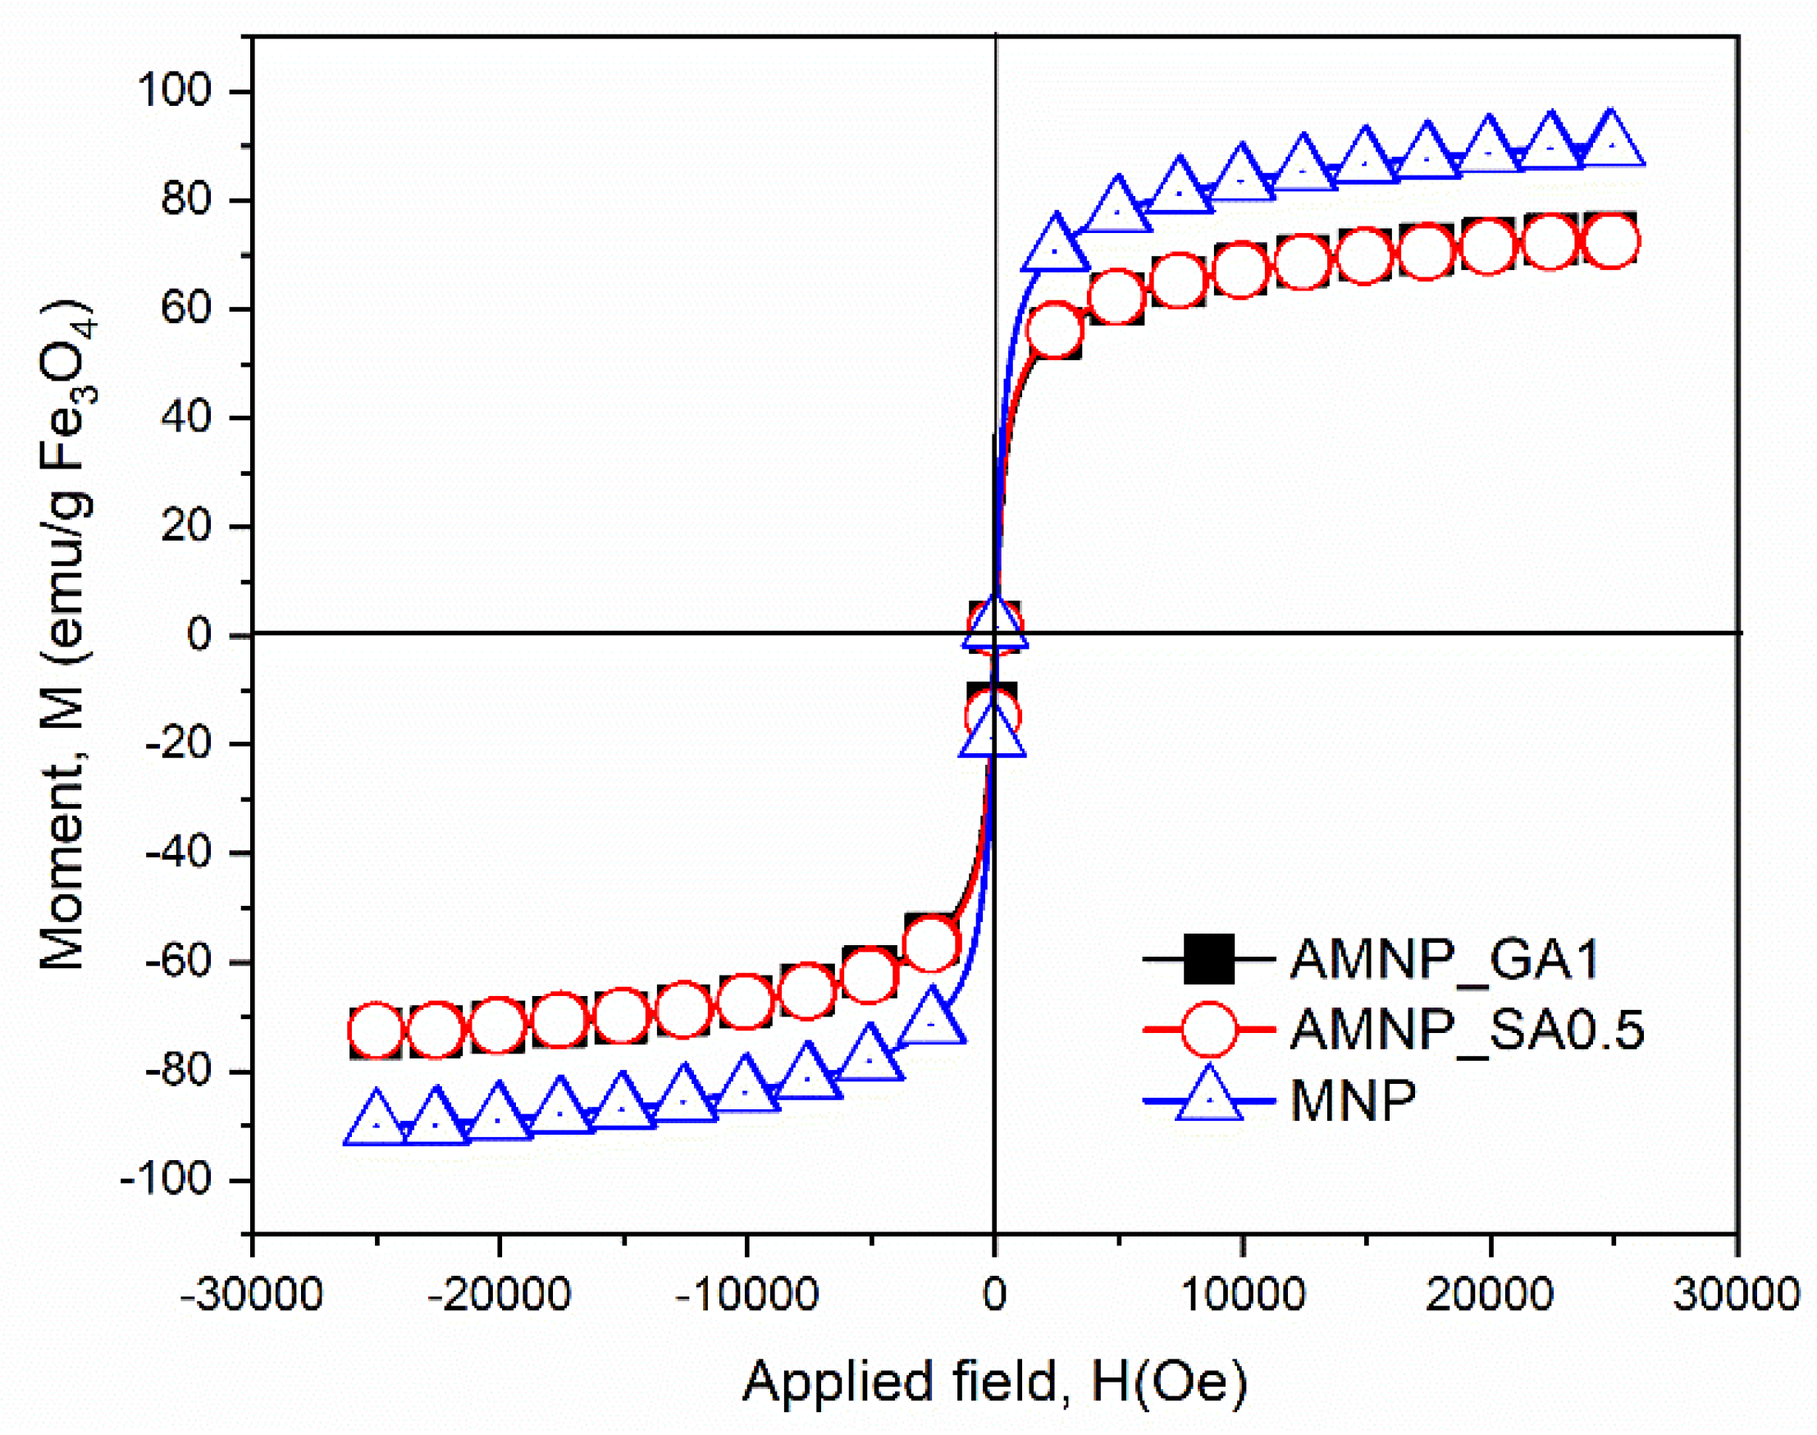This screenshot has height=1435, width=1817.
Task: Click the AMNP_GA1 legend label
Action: click(1444, 958)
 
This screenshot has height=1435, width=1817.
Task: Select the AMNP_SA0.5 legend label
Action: click(1467, 1029)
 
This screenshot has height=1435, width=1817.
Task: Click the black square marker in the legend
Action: click(1209, 958)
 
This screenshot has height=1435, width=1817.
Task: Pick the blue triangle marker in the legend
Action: click(1209, 1096)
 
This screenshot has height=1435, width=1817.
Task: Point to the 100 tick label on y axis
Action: click(185, 91)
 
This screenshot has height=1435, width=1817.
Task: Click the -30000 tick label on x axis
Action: click(251, 1295)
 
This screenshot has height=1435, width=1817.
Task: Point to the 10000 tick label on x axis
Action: click(1242, 1295)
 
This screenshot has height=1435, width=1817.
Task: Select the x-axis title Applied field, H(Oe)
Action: click(993, 1382)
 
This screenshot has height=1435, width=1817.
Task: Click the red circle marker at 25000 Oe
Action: click(1610, 241)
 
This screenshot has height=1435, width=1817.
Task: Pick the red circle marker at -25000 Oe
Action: click(377, 1030)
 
